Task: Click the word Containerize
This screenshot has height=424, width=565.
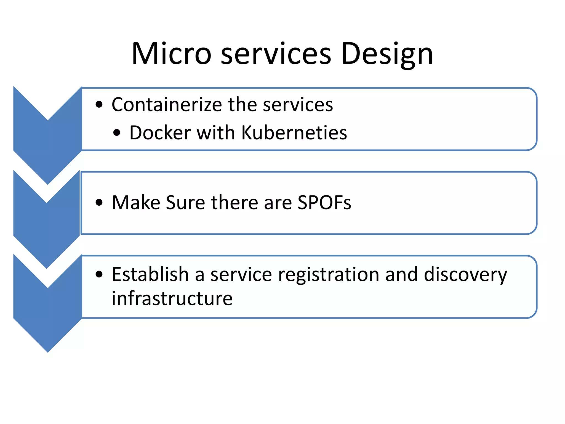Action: point(167,105)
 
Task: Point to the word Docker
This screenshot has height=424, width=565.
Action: point(160,133)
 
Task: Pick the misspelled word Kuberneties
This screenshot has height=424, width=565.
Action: point(294,133)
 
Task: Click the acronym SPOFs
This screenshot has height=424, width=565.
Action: point(324,203)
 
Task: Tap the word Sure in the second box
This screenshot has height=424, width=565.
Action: point(185,203)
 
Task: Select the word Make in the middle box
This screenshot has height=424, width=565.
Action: point(136,203)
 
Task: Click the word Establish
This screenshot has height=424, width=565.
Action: point(150,274)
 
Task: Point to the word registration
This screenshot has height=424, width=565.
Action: point(329,275)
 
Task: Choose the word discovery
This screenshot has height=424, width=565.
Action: point(465,275)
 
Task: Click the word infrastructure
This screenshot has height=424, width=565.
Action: point(172,299)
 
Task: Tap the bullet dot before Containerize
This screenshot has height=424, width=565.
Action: point(99,105)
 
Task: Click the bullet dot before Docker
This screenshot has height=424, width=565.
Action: point(117,133)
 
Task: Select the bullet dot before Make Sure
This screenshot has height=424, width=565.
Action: point(99,203)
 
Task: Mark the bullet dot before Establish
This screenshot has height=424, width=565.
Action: point(99,274)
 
